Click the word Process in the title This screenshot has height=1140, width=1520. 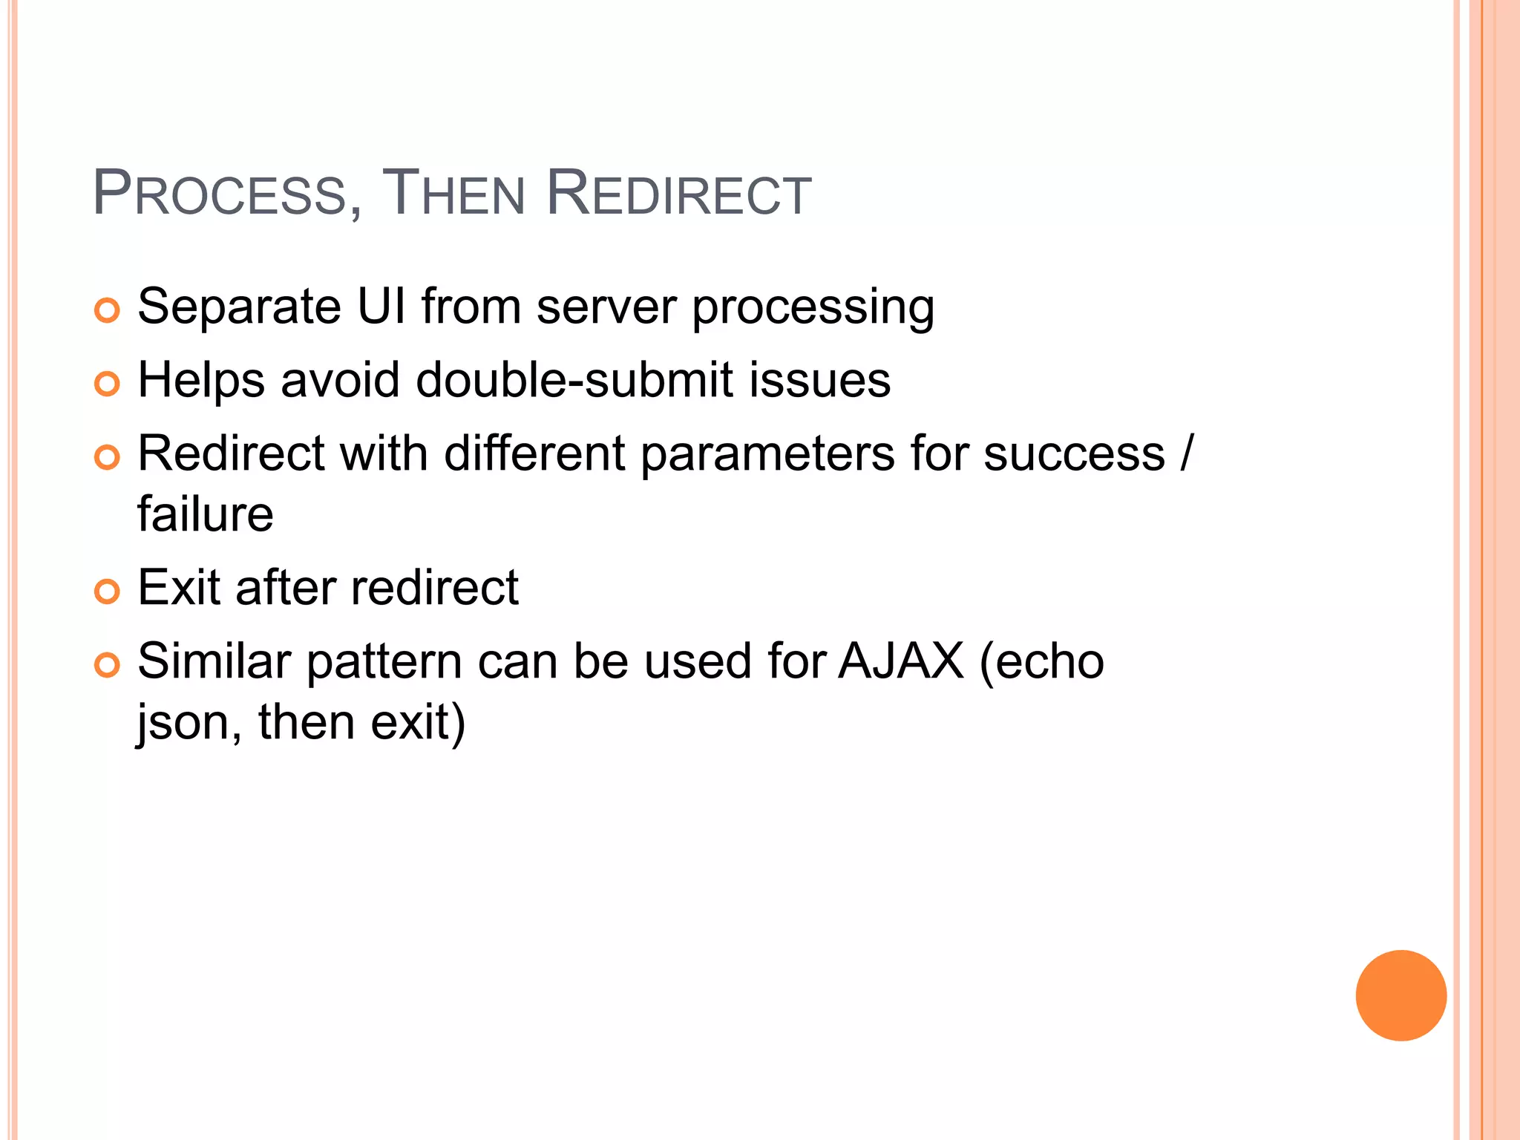(220, 194)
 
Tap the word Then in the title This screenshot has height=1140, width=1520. (453, 194)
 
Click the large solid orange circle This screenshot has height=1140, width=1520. (1401, 995)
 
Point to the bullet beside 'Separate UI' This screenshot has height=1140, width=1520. (108, 310)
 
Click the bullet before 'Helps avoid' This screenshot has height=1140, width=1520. (108, 384)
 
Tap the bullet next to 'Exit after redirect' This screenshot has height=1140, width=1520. (108, 592)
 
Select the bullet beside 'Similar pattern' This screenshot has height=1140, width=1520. (108, 665)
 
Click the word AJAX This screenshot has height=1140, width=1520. (901, 661)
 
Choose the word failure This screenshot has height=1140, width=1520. (206, 514)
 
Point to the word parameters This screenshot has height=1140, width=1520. (767, 454)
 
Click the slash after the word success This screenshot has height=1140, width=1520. (1186, 453)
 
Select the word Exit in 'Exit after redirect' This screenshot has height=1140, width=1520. (178, 588)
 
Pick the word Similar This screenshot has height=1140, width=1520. (214, 661)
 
